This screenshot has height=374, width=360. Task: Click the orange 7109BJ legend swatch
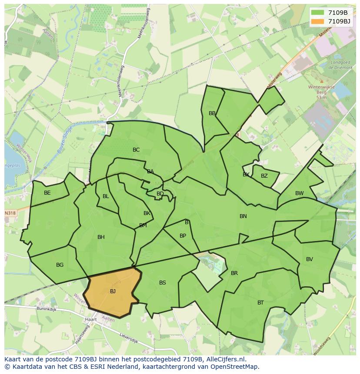(x=318, y=21)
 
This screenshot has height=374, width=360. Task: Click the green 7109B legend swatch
(x=318, y=13)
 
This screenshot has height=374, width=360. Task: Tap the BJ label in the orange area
(x=113, y=291)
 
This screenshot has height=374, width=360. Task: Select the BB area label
(x=212, y=113)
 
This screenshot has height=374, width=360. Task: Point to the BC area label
(x=136, y=150)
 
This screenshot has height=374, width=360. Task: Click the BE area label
(x=47, y=193)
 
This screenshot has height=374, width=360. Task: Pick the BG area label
(x=60, y=265)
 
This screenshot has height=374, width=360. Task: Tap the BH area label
(x=101, y=237)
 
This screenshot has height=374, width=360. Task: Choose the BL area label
(x=106, y=196)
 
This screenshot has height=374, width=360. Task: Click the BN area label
(x=243, y=216)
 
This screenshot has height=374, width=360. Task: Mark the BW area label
(x=300, y=193)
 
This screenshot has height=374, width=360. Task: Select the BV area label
(x=310, y=259)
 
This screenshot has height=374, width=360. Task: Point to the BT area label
(x=260, y=303)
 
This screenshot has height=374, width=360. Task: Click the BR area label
(x=234, y=273)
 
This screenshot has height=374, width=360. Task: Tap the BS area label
(x=162, y=283)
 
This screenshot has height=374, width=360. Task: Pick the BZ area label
(x=264, y=176)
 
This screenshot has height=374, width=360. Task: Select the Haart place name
(x=91, y=319)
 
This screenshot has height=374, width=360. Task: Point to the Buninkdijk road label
(x=47, y=309)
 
